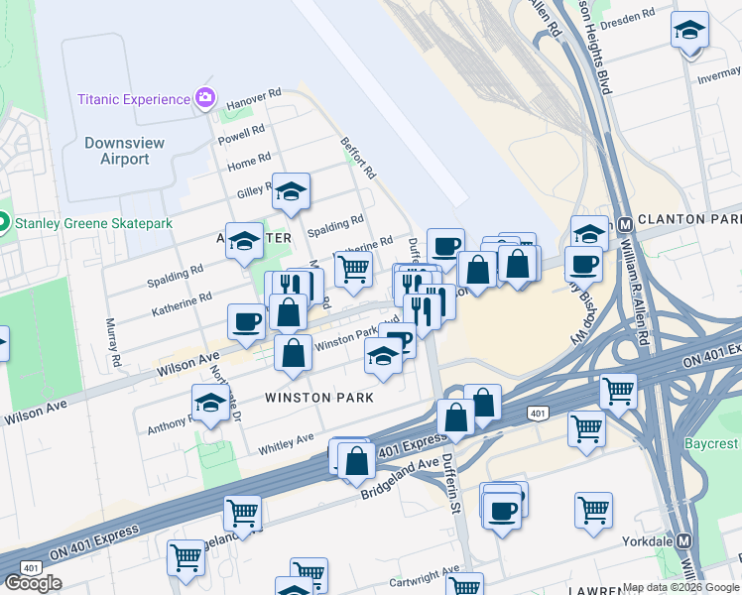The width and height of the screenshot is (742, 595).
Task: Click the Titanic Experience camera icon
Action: point(205,98)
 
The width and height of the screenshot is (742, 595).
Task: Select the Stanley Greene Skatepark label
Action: point(93,223)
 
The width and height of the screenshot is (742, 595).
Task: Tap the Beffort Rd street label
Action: point(359,158)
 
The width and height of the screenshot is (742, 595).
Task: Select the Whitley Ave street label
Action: point(286,443)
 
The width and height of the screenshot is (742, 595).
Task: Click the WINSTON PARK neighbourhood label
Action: point(319,398)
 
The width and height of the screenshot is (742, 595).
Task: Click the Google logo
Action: point(33,582)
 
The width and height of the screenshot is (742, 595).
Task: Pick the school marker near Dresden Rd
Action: point(689,31)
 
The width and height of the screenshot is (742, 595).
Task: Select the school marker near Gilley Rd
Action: point(292,192)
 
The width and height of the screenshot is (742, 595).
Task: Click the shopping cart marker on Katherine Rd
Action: point(353,269)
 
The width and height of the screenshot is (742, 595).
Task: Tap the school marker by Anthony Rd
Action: point(209,404)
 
